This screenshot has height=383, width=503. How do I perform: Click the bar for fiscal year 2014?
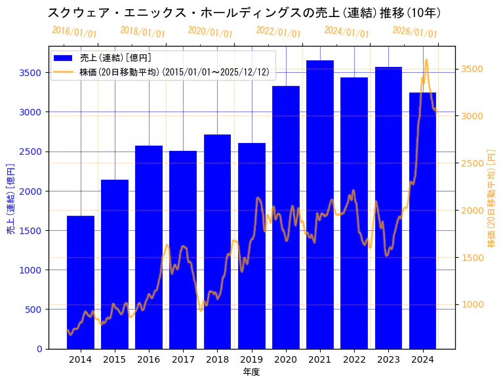(81, 282)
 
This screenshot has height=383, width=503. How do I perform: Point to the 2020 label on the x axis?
(286, 359)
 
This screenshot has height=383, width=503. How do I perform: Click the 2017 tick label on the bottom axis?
(183, 359)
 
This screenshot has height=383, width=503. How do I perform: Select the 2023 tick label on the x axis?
(388, 359)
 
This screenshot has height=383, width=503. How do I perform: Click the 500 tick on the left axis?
(34, 310)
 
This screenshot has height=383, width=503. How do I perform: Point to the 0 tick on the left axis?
(40, 349)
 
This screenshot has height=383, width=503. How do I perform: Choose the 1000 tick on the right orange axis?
(472, 304)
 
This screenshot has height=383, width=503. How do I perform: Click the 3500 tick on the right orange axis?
(472, 69)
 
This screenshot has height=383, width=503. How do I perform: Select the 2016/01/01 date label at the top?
(74, 32)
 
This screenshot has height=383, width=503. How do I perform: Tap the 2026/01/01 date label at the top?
(414, 32)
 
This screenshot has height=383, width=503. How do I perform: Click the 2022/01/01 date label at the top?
(279, 32)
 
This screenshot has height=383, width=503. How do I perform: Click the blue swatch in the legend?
(68, 58)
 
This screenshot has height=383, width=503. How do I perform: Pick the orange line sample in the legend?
(68, 71)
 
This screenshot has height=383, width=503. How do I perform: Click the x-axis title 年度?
(251, 372)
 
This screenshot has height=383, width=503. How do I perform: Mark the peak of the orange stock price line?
(426, 60)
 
